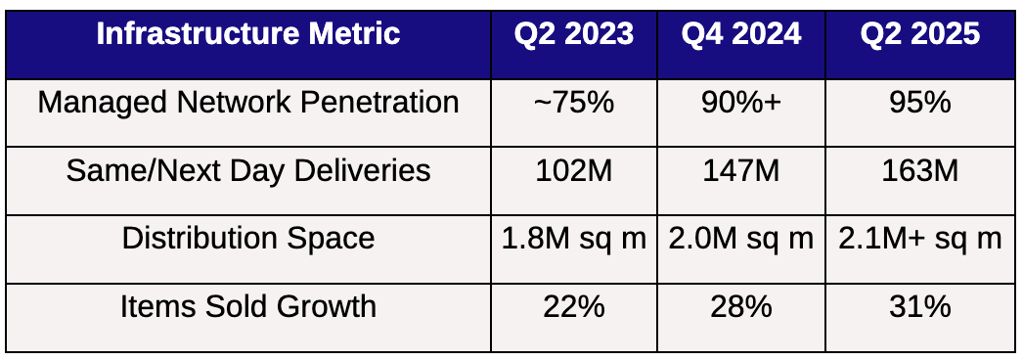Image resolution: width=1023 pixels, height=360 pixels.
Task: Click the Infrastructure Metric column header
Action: pyautogui.click(x=247, y=34)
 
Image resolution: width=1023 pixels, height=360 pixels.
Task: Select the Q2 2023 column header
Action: pyautogui.click(x=573, y=34)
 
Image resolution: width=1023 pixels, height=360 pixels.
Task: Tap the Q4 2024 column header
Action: pyautogui.click(x=741, y=34)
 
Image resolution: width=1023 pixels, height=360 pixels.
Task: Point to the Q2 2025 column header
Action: pyautogui.click(x=920, y=34)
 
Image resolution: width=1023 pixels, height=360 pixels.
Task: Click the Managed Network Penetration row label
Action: pyautogui.click(x=247, y=103)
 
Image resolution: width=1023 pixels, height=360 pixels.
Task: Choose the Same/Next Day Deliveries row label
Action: pyautogui.click(x=247, y=171)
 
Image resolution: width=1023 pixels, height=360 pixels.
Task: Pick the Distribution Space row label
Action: pyautogui.click(x=247, y=239)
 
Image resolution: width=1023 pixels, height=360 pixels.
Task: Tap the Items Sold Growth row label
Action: pyautogui.click(x=247, y=307)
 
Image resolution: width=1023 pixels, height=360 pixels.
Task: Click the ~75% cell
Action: pyautogui.click(x=573, y=103)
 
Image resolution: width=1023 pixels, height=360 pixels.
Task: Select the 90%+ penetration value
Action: pyautogui.click(x=741, y=103)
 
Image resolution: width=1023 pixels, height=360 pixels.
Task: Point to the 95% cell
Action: pyautogui.click(x=920, y=103)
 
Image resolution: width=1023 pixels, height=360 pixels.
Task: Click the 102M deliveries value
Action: pyautogui.click(x=573, y=171)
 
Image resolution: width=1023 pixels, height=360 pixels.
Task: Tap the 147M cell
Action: pyautogui.click(x=741, y=171)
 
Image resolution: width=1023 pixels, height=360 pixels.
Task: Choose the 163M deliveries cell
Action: pyautogui.click(x=920, y=171)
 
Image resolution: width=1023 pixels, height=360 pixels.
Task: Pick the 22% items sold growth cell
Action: pyautogui.click(x=573, y=307)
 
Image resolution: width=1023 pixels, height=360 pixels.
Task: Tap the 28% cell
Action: pyautogui.click(x=741, y=307)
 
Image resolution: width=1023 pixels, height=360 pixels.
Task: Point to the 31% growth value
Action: pyautogui.click(x=920, y=307)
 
